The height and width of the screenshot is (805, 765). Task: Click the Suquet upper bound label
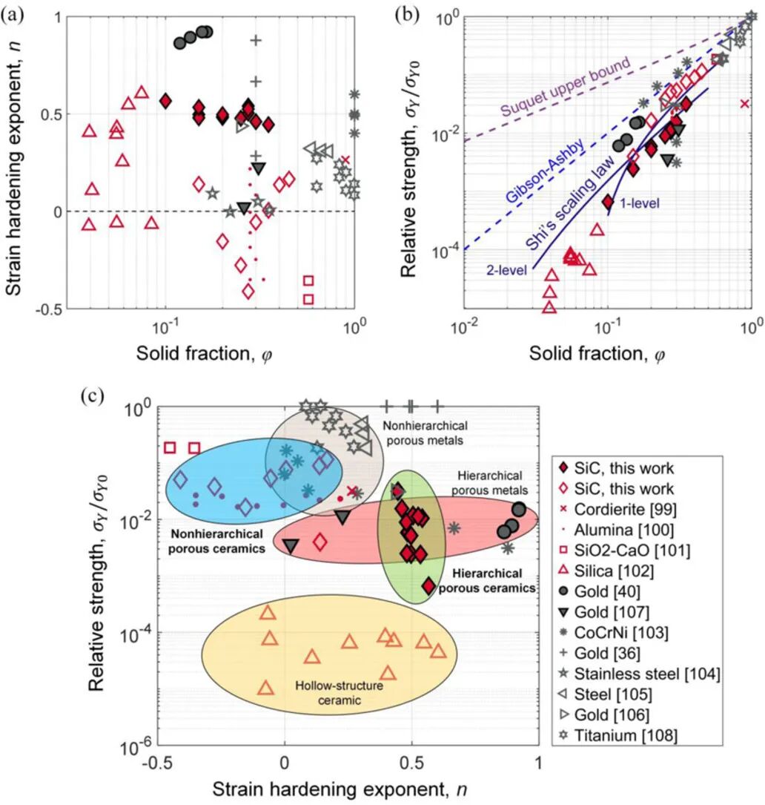(565, 89)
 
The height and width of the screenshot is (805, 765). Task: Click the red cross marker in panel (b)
(744, 103)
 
